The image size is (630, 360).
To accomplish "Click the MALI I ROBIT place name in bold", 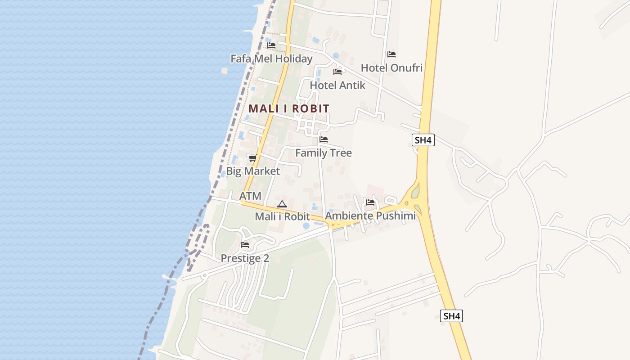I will (x=288, y=108).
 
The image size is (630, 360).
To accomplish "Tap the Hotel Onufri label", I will (x=391, y=68).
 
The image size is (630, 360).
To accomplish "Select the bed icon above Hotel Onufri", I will (x=391, y=54).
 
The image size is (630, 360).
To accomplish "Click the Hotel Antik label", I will (x=337, y=85).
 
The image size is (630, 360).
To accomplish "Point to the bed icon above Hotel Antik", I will (x=337, y=72).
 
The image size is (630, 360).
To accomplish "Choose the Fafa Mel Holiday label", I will (x=271, y=59).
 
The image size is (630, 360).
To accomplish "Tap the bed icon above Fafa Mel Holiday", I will (x=271, y=45).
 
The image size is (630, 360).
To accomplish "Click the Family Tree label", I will (x=324, y=153).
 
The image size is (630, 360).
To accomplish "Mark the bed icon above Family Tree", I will (x=324, y=139).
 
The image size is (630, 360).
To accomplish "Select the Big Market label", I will (x=253, y=171).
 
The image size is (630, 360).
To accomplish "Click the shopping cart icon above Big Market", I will (x=253, y=158).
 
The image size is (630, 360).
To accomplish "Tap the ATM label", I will (x=250, y=196).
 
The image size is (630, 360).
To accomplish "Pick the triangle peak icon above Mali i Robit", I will (x=282, y=204).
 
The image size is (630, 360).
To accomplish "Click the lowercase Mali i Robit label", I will (x=283, y=216).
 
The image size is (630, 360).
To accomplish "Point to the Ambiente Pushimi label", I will (x=370, y=216).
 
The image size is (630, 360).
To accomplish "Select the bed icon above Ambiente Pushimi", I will (x=370, y=202).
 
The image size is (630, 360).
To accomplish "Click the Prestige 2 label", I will (x=245, y=258).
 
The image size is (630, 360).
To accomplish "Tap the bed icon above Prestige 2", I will (x=245, y=245).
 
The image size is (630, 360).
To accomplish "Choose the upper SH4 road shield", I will (x=423, y=140).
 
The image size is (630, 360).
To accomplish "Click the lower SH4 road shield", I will (x=451, y=316).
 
